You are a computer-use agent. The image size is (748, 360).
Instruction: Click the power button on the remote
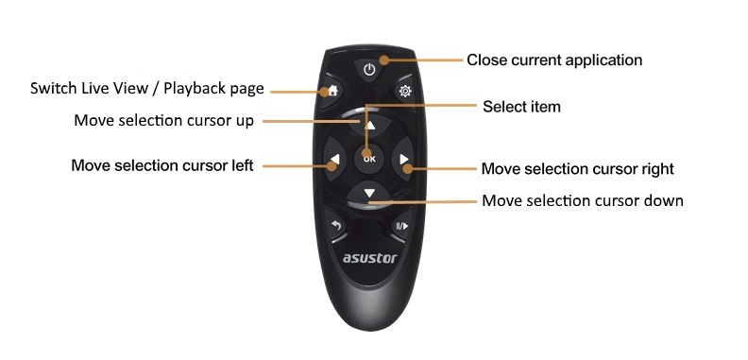[369, 68]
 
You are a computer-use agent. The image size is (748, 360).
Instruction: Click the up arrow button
[370, 124]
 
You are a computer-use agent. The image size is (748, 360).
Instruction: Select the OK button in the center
[369, 158]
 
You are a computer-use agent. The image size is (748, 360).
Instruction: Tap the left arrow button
[333, 159]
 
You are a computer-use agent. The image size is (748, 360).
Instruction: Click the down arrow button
[369, 193]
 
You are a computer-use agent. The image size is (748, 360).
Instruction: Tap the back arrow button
[335, 226]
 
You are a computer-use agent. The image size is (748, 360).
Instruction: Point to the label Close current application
[554, 60]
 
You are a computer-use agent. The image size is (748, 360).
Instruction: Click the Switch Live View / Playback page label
[146, 89]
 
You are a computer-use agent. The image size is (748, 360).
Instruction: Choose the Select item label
[521, 107]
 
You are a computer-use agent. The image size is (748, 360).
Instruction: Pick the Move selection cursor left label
[161, 165]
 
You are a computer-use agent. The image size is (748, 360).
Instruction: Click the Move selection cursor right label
[577, 169]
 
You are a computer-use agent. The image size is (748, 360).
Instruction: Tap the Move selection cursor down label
[582, 200]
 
